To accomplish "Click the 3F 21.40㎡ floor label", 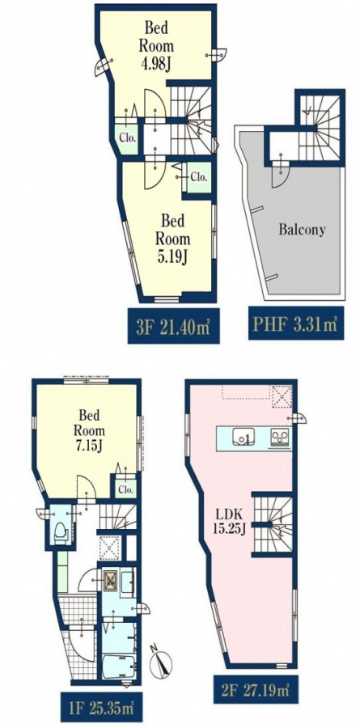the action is click(173, 324).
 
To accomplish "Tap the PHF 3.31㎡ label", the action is click(296, 323).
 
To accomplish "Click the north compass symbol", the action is click(161, 661).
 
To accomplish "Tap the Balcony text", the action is click(302, 230).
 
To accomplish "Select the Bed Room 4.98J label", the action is click(156, 46).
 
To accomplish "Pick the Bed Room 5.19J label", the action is click(172, 239).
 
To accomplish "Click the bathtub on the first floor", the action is click(119, 667).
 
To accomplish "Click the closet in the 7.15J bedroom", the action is click(125, 487).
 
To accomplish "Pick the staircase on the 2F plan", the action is click(273, 524).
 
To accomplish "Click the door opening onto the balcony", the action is click(281, 170).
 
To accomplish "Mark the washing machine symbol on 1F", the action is click(111, 580).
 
